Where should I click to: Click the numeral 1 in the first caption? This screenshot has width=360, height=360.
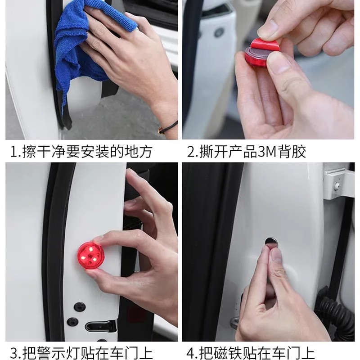[13, 152]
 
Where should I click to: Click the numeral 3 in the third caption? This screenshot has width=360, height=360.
[14, 353]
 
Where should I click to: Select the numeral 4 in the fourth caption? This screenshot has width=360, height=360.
[190, 353]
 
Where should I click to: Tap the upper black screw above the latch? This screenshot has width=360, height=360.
[80, 307]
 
